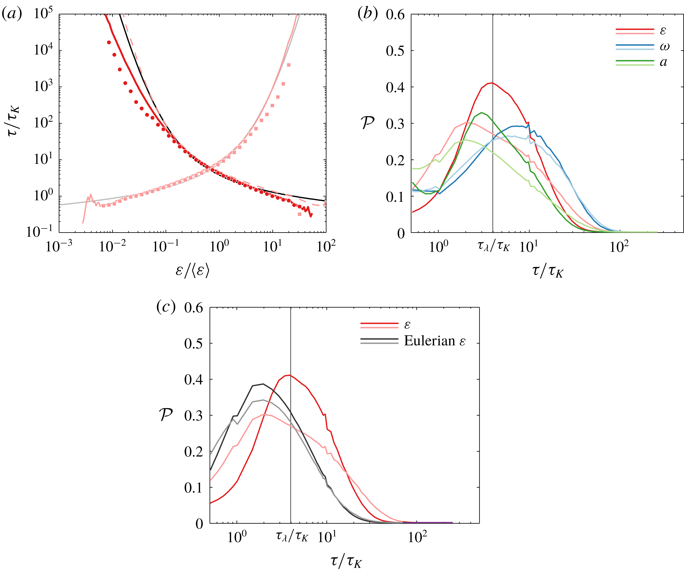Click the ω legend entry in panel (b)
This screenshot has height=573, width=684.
(x=665, y=47)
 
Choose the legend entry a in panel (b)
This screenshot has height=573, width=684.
(x=663, y=62)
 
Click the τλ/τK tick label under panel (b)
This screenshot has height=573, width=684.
(x=493, y=246)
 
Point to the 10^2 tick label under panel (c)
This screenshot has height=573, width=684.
(x=417, y=537)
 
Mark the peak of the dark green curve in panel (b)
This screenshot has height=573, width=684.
(x=481, y=113)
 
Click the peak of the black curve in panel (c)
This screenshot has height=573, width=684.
(x=263, y=384)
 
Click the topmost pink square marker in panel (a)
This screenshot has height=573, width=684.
(x=289, y=65)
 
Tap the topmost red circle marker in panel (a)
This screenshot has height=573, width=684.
(x=109, y=42)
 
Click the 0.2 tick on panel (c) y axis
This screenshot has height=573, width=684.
(x=194, y=452)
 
